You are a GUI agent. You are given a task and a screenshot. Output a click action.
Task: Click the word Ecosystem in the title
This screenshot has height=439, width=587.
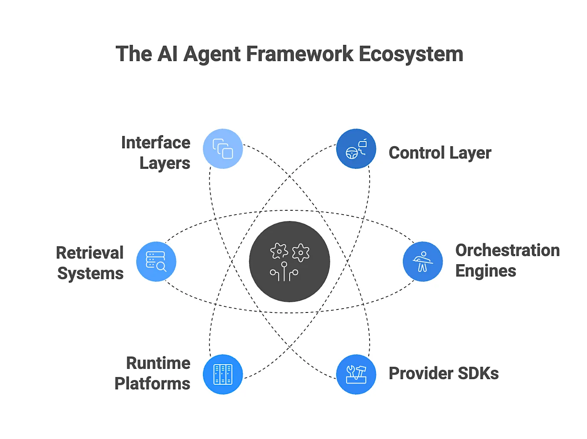click(411, 54)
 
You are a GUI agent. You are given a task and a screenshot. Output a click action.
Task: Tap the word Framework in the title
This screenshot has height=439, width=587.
click(299, 54)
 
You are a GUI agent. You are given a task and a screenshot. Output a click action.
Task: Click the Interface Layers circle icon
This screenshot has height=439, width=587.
click(223, 149)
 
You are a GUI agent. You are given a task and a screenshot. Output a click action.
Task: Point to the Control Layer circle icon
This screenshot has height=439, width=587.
click(356, 149)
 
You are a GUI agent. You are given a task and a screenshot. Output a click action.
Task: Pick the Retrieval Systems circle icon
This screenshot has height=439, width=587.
click(156, 261)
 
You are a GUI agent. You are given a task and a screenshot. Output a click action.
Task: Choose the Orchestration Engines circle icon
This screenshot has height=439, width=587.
click(423, 261)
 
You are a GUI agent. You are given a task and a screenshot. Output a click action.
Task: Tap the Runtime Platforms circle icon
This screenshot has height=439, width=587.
click(223, 374)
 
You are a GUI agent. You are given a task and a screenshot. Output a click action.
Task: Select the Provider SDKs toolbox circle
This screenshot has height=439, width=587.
click(356, 374)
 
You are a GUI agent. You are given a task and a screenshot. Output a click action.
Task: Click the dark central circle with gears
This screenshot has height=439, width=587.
click(289, 261)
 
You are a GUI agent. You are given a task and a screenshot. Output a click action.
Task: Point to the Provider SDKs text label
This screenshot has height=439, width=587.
click(443, 374)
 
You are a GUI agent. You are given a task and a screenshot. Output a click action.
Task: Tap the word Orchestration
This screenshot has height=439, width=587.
click(508, 250)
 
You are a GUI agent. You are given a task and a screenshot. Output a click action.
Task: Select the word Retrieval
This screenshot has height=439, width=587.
click(90, 253)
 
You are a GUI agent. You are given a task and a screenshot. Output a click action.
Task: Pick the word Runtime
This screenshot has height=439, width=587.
click(158, 363)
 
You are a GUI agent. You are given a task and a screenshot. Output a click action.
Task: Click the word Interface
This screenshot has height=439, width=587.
click(156, 142)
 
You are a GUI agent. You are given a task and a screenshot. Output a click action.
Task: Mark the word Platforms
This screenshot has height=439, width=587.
click(153, 383)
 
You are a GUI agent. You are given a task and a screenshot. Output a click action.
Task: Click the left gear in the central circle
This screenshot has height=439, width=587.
click(279, 251)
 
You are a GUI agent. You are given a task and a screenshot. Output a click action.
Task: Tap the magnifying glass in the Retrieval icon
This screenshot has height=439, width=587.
click(161, 267)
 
